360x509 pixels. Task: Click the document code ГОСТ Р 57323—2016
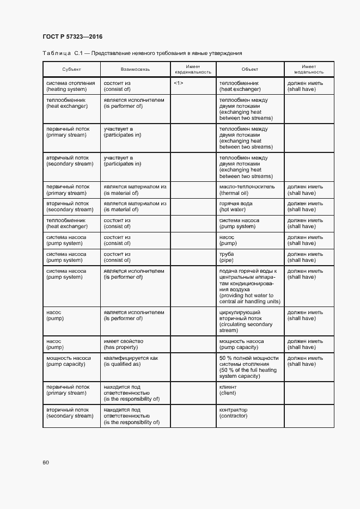coord(72,37)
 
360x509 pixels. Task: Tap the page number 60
coord(46,463)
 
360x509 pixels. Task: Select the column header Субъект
coord(71,70)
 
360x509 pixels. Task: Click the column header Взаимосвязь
coord(135,70)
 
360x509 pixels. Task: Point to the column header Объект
coord(250,70)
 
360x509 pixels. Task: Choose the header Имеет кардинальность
coord(193,69)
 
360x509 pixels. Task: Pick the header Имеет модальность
coord(309,69)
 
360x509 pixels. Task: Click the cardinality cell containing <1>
coord(179,83)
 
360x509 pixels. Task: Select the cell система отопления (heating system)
coord(71,86)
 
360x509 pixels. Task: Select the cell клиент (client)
coord(229,389)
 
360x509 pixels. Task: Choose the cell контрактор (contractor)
coord(233,413)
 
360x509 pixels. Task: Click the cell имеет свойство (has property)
coord(124,344)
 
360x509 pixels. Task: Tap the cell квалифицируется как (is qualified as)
coord(131,361)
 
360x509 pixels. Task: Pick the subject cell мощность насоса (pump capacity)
coord(69,361)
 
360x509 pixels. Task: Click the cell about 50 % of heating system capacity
coord(249,367)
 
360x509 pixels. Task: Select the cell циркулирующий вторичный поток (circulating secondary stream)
coord(246,321)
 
